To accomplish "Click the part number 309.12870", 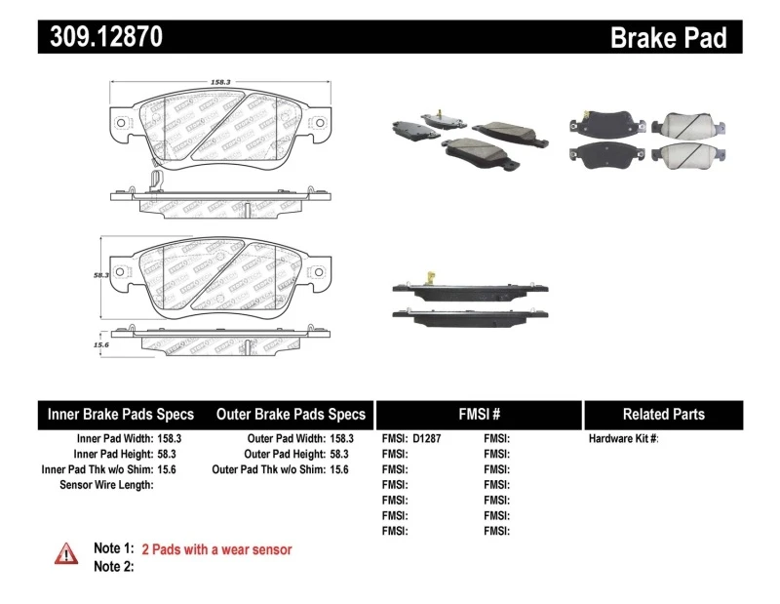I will coord(100,37).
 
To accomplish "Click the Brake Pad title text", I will coord(668,37).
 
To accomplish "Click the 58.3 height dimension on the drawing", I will coord(98,276).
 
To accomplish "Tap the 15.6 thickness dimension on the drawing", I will coord(98,345).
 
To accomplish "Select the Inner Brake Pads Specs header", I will coord(121,414).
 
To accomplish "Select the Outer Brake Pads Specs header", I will coord(291,414).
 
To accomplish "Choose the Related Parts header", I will coord(664,414).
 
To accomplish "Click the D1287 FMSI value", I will coord(427,439).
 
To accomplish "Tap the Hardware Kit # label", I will coord(623,439).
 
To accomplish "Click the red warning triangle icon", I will coord(66,553).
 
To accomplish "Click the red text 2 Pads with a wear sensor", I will coord(216,549).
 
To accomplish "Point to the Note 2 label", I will coord(113,566).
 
